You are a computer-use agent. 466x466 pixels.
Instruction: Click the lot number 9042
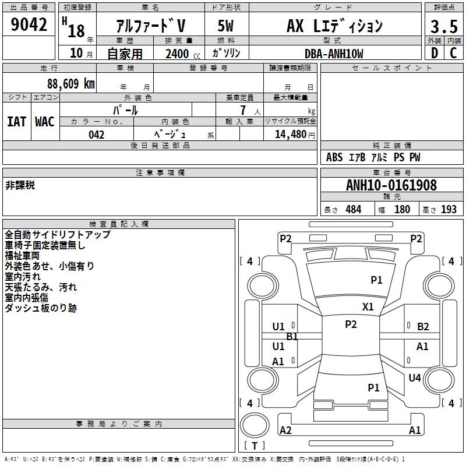click(29, 24)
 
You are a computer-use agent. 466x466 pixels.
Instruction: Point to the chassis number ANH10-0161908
click(391, 185)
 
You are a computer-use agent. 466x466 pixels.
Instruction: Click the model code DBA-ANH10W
click(334, 54)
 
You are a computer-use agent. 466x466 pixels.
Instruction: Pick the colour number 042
click(97, 135)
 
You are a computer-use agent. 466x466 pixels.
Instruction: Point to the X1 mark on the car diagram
click(368, 307)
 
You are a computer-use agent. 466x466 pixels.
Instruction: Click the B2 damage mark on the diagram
click(423, 327)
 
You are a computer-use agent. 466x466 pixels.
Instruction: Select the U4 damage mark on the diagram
click(414, 378)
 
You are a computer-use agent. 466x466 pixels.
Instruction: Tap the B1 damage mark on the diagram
click(292, 337)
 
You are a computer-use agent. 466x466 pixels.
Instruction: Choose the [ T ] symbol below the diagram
click(255, 446)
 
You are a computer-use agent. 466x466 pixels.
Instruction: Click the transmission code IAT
click(17, 121)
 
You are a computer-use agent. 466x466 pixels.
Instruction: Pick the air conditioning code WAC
click(45, 121)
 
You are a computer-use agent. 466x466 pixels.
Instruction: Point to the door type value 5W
click(225, 26)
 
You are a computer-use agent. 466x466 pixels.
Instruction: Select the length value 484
click(353, 210)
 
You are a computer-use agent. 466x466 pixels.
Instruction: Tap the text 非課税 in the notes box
click(20, 185)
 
